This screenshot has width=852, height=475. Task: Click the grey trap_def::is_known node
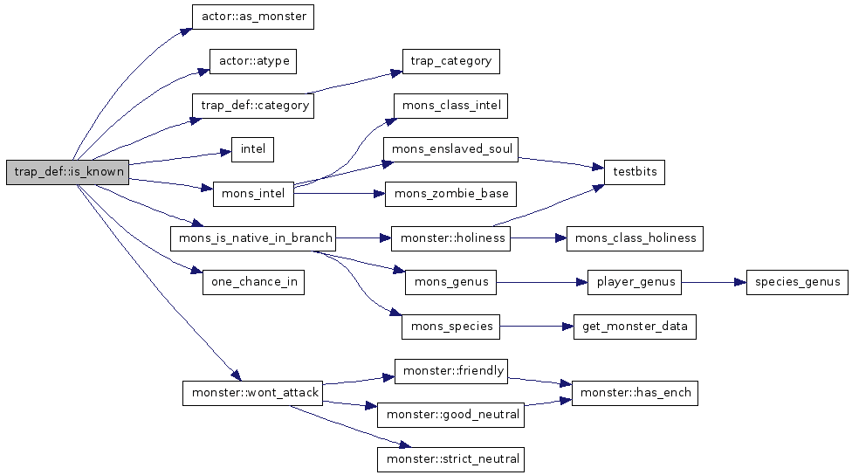click(x=67, y=172)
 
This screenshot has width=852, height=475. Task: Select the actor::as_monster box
click(x=252, y=17)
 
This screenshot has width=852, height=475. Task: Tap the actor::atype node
click(x=253, y=61)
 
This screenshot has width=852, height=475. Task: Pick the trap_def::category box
click(x=253, y=106)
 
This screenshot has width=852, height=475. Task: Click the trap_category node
click(x=450, y=61)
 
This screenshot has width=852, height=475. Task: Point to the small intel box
click(x=252, y=149)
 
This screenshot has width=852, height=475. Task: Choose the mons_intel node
click(x=253, y=194)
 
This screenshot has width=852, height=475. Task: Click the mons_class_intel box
click(x=450, y=106)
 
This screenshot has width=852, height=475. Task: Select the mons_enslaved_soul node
click(x=450, y=149)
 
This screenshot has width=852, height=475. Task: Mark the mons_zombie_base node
click(x=450, y=194)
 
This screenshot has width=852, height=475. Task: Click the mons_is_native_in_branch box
click(x=252, y=237)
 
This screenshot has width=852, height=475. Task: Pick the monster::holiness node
click(x=450, y=237)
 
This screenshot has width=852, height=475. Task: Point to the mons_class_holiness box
click(x=635, y=237)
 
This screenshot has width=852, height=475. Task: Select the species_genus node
click(x=797, y=282)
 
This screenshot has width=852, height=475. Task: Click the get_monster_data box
click(x=635, y=327)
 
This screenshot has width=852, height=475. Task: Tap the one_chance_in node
click(x=253, y=282)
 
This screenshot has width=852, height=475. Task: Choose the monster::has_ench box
click(x=635, y=393)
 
